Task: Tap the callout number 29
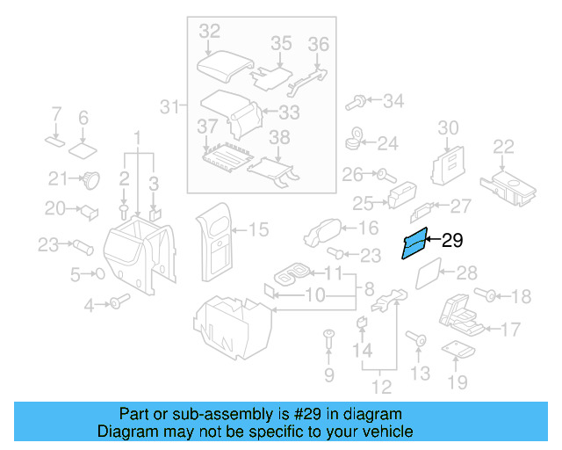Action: (451, 240)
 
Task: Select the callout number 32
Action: (209, 31)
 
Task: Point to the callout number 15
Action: (258, 230)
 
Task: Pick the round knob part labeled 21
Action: (89, 180)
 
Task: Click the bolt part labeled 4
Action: (116, 303)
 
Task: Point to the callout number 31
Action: (169, 107)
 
